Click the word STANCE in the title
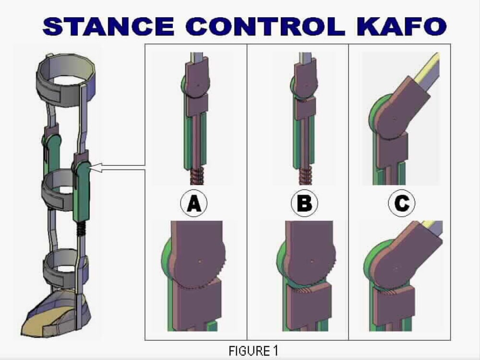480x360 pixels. [108, 26]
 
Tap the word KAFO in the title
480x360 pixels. [401, 26]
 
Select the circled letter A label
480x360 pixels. [194, 203]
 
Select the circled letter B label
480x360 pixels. [304, 203]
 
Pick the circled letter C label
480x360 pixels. [402, 203]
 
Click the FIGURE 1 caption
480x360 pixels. [253, 350]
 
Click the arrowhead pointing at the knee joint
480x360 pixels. [96, 168]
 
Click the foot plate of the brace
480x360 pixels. [57, 315]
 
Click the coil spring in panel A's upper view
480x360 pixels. [197, 177]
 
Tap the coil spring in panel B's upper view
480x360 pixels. [305, 177]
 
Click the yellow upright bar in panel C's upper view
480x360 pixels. [427, 68]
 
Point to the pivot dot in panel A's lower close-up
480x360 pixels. [200, 262]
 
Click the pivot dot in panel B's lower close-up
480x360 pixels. [312, 262]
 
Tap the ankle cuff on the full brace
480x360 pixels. [65, 269]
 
